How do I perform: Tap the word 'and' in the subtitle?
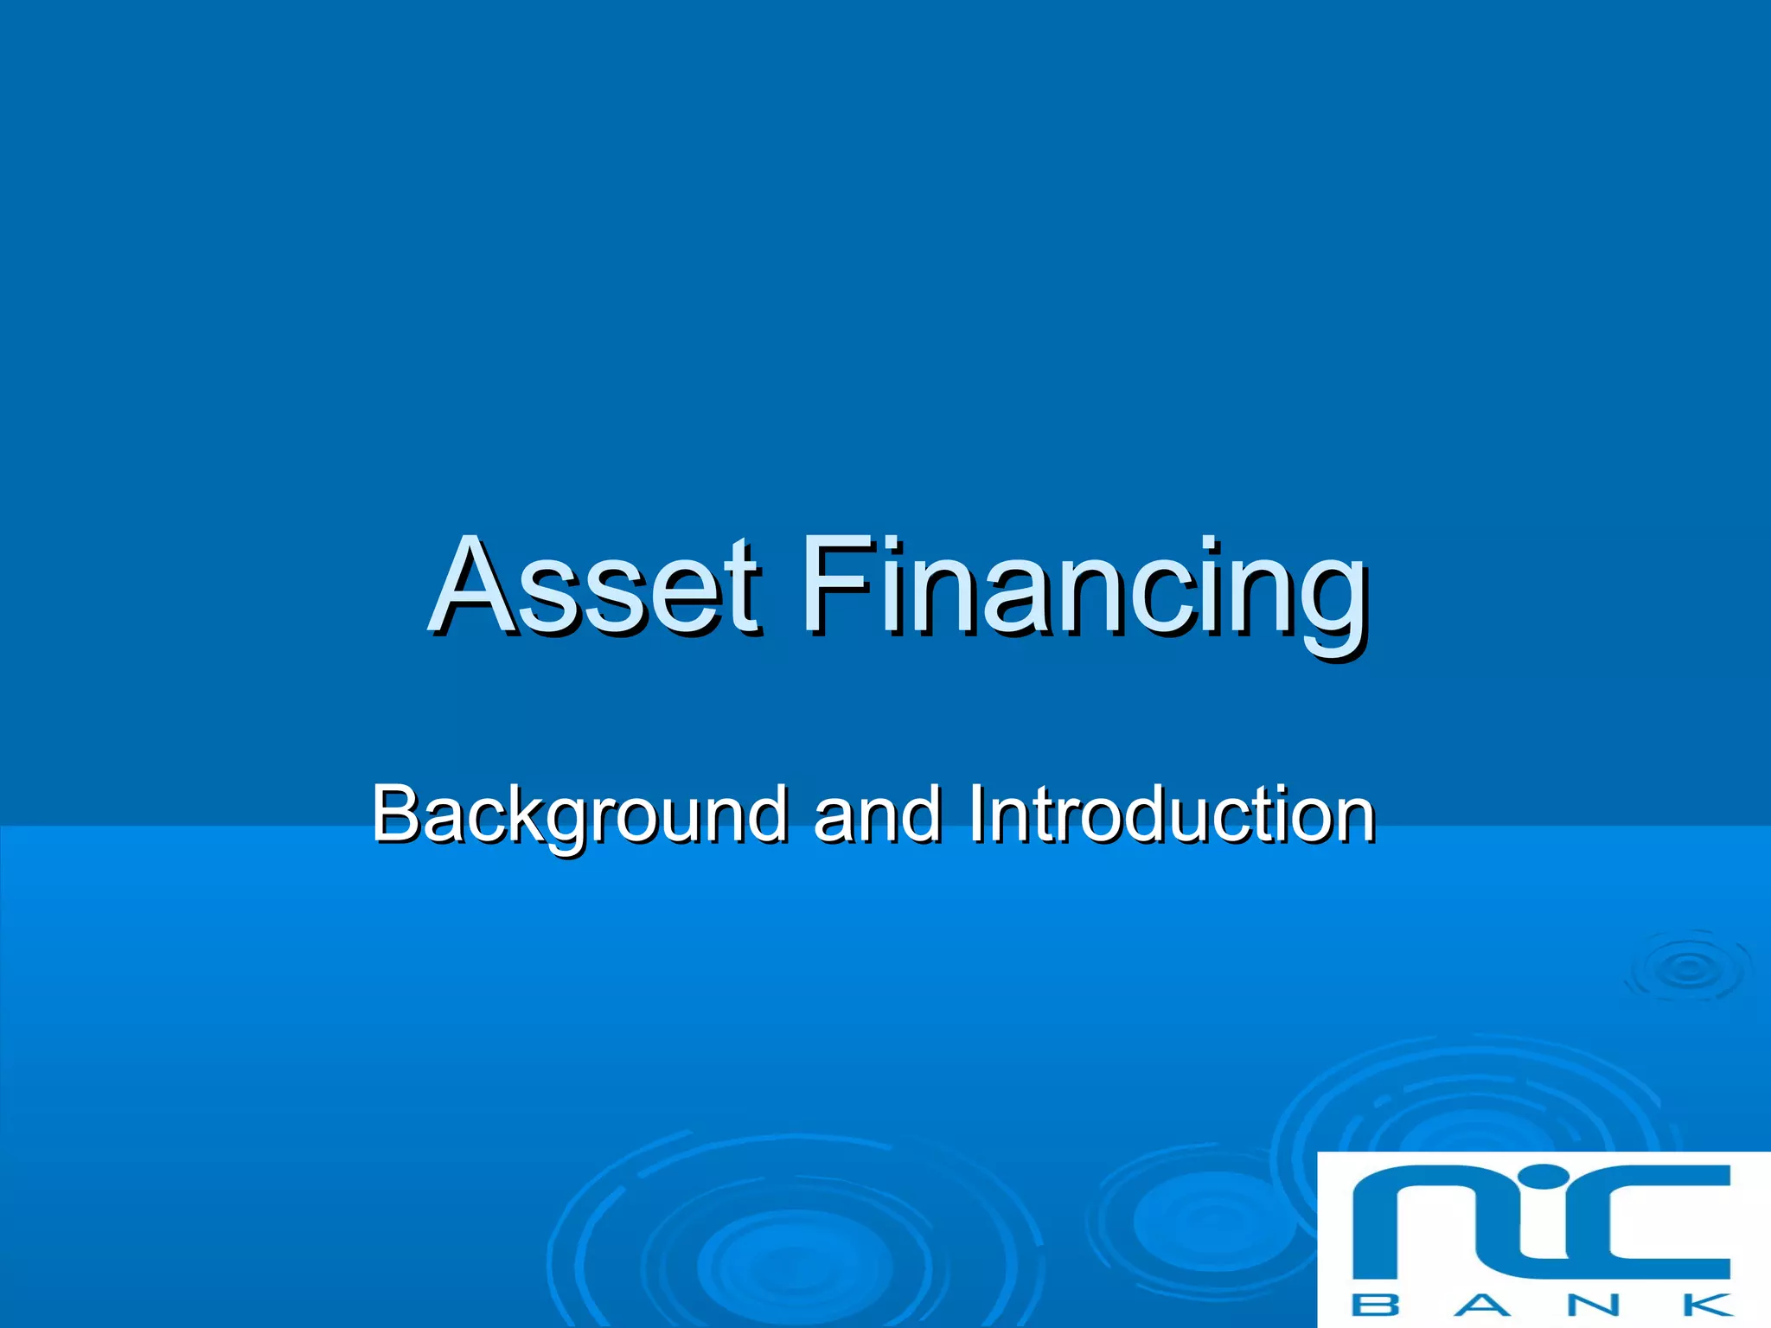click(x=877, y=814)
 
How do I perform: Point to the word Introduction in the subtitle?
click(x=1171, y=814)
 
